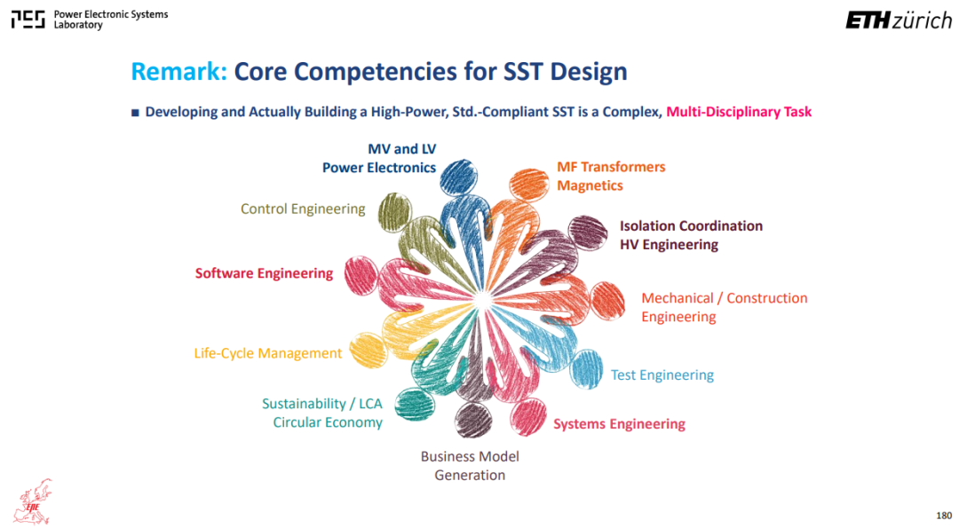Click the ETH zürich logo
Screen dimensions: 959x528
899,20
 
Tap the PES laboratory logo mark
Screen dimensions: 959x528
28,20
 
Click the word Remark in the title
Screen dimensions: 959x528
178,72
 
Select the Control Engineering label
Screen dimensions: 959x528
303,209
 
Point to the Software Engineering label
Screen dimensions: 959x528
265,273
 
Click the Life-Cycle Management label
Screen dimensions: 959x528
268,353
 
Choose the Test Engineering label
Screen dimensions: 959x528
662,374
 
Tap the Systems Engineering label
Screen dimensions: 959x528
620,424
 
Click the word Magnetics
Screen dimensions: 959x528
590,185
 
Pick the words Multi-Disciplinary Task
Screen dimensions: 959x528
739,112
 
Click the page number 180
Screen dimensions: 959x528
944,516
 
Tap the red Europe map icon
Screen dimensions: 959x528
34,501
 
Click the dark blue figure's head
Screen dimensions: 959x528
459,177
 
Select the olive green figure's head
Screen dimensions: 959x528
394,213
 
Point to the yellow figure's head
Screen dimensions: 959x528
369,351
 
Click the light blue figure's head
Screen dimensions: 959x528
587,369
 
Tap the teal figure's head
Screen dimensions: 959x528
415,405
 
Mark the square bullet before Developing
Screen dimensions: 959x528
135,113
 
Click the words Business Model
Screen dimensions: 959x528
470,456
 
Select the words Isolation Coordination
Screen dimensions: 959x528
691,225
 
